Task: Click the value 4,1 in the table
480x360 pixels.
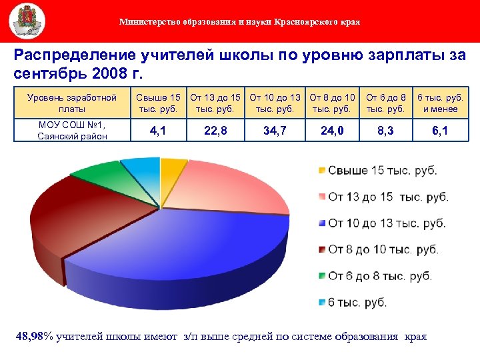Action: point(158,131)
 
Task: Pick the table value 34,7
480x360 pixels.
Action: point(275,131)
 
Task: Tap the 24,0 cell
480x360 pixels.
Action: point(333,131)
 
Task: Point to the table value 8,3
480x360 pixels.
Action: point(385,131)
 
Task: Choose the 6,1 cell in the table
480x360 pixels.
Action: point(439,131)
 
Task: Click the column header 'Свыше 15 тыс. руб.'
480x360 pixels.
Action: point(158,103)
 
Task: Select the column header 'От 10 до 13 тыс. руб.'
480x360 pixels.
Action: point(275,103)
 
